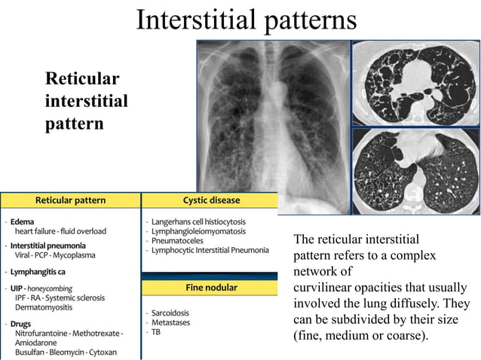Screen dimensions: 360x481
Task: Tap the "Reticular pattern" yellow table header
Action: click(x=71, y=200)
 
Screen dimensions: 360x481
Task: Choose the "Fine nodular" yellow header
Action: click(x=211, y=288)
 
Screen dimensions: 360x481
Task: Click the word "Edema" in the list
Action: click(x=23, y=221)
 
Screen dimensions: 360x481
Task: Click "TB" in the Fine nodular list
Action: click(x=156, y=331)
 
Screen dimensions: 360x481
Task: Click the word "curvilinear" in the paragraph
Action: click(x=325, y=288)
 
